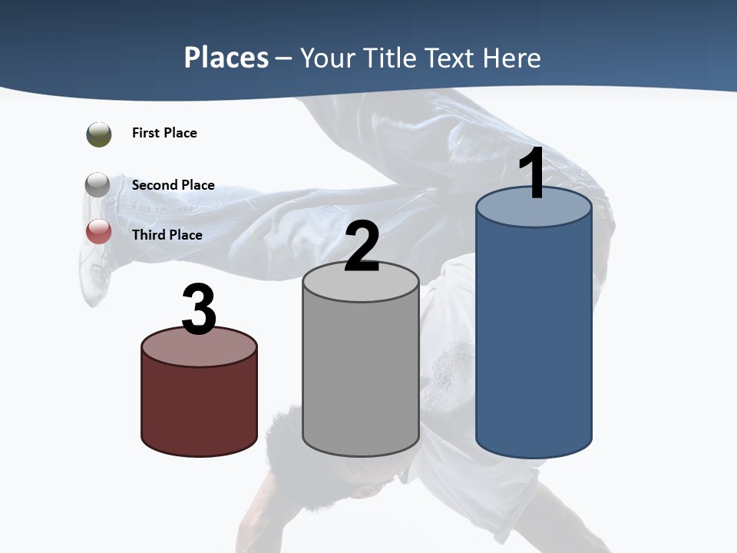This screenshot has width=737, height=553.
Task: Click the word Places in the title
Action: click(x=226, y=58)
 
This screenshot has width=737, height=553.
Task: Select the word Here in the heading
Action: click(x=511, y=58)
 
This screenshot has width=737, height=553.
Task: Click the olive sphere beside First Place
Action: click(x=99, y=134)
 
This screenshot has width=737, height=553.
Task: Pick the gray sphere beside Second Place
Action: click(x=98, y=185)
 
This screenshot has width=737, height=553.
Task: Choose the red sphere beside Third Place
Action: click(x=99, y=231)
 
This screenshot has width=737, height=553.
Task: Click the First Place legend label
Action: click(x=164, y=133)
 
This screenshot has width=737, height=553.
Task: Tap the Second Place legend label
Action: click(x=173, y=185)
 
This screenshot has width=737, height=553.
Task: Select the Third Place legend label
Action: click(x=167, y=235)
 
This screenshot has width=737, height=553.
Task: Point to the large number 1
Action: click(x=532, y=174)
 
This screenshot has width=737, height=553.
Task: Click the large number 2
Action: click(x=362, y=247)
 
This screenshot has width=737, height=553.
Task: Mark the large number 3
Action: click(x=200, y=310)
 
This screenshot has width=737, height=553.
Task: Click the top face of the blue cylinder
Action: click(x=534, y=211)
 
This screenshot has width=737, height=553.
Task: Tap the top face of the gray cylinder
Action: click(x=361, y=286)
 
